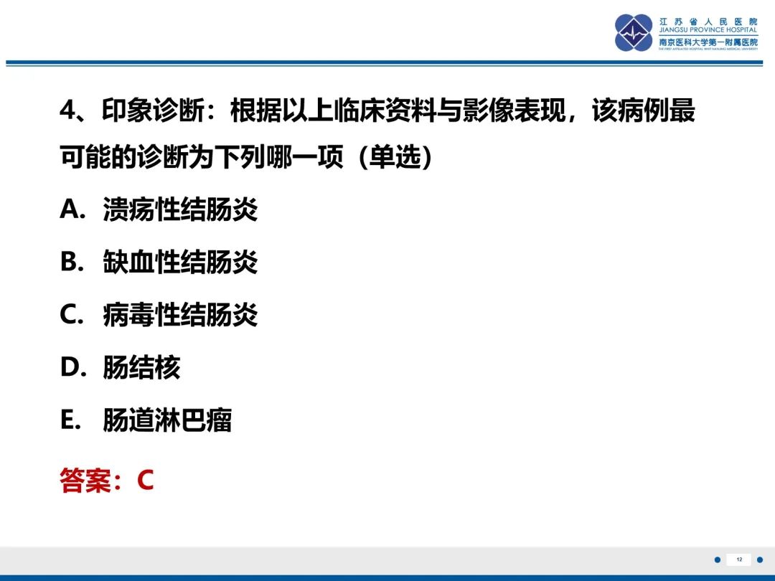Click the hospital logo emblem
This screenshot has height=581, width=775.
tap(634, 33)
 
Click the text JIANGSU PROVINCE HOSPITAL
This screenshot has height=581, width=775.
tap(708, 30)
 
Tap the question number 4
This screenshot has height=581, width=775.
tap(67, 110)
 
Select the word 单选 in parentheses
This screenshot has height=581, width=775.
tap(395, 157)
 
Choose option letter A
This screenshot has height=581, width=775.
tap(69, 209)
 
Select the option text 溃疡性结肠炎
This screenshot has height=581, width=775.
tap(180, 209)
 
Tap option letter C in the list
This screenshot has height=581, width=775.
tap(69, 314)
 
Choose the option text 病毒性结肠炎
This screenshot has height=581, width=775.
tap(180, 314)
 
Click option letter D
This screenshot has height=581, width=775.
tap(70, 367)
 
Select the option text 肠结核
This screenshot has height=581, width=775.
tap(141, 367)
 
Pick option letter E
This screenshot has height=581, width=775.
tap(67, 420)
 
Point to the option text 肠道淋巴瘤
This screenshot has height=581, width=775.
tap(167, 420)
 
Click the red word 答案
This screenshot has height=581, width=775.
tap(85, 480)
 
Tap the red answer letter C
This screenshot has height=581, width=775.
tap(145, 480)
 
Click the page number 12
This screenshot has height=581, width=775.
tap(739, 559)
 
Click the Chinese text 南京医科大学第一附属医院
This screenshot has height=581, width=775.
tap(708, 42)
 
